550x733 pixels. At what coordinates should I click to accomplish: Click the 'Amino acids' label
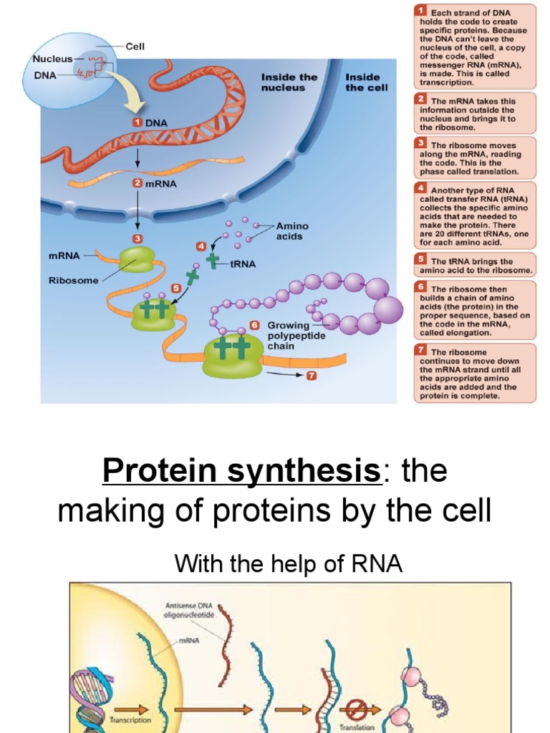289,230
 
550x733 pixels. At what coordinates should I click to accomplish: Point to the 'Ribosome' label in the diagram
73,281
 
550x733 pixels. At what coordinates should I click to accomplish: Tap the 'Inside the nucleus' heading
289,82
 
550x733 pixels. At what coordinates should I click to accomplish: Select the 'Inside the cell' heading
367,82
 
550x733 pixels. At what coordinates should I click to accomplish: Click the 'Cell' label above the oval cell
135,47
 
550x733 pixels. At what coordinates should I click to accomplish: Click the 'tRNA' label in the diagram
243,263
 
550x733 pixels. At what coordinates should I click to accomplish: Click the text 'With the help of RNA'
289,565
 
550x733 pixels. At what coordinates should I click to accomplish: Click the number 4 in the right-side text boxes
422,188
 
